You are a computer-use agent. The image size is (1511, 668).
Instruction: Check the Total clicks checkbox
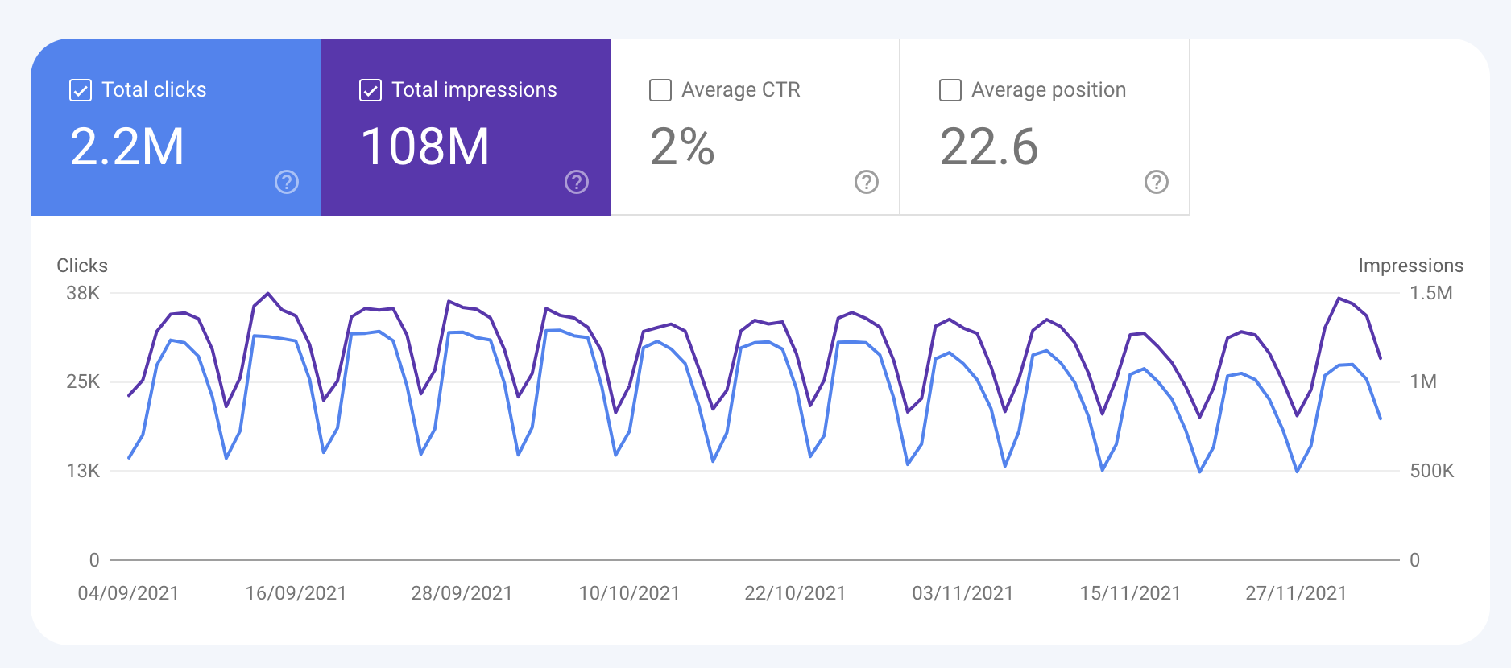click(x=81, y=90)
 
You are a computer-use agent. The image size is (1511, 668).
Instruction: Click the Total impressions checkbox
click(x=371, y=90)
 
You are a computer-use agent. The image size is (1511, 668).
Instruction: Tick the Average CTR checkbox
click(x=660, y=90)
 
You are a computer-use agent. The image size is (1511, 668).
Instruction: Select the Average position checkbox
click(x=950, y=90)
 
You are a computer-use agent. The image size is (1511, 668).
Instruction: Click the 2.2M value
click(x=127, y=147)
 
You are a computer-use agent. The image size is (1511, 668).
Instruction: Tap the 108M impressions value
click(x=424, y=147)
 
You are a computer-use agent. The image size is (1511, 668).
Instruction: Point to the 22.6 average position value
click(x=988, y=147)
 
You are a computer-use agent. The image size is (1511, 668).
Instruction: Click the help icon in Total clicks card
click(x=287, y=182)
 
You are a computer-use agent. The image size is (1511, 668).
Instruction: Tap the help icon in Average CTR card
click(x=867, y=182)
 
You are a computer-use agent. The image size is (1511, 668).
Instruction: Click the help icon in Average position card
click(x=1157, y=182)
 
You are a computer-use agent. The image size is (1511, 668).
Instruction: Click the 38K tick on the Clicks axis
click(x=83, y=293)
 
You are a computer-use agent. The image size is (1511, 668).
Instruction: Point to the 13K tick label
click(x=83, y=471)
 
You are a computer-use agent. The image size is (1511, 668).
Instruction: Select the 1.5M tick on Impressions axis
click(x=1430, y=293)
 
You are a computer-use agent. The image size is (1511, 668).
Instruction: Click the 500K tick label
click(x=1431, y=471)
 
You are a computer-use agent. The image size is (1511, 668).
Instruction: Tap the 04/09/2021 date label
click(x=128, y=593)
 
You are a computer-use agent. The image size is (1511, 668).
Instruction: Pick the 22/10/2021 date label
click(x=795, y=593)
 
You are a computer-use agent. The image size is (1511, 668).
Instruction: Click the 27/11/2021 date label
click(x=1296, y=593)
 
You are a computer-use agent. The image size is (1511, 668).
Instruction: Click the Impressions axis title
click(x=1410, y=266)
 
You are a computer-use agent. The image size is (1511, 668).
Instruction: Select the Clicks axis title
click(x=82, y=266)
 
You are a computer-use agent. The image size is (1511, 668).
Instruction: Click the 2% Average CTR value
click(x=682, y=147)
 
